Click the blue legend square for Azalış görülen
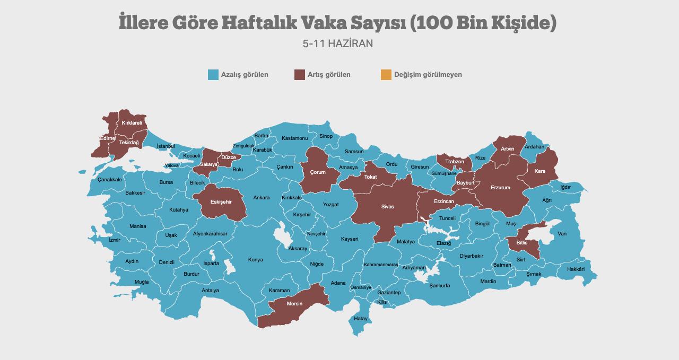[213, 75]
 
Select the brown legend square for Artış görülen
[300, 75]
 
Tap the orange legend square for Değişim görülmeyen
[386, 75]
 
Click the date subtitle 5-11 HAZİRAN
[338, 43]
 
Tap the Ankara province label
[261, 198]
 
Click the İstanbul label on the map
[166, 146]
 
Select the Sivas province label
[387, 207]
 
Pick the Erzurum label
[500, 188]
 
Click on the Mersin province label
[294, 304]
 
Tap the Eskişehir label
[221, 202]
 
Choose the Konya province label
[255, 260]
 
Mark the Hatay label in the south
[361, 319]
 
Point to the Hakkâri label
[576, 269]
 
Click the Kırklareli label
[132, 123]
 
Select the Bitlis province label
[522, 242]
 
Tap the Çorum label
[318, 172]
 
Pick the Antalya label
[210, 291]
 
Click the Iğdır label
[565, 187]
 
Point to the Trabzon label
[455, 162]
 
